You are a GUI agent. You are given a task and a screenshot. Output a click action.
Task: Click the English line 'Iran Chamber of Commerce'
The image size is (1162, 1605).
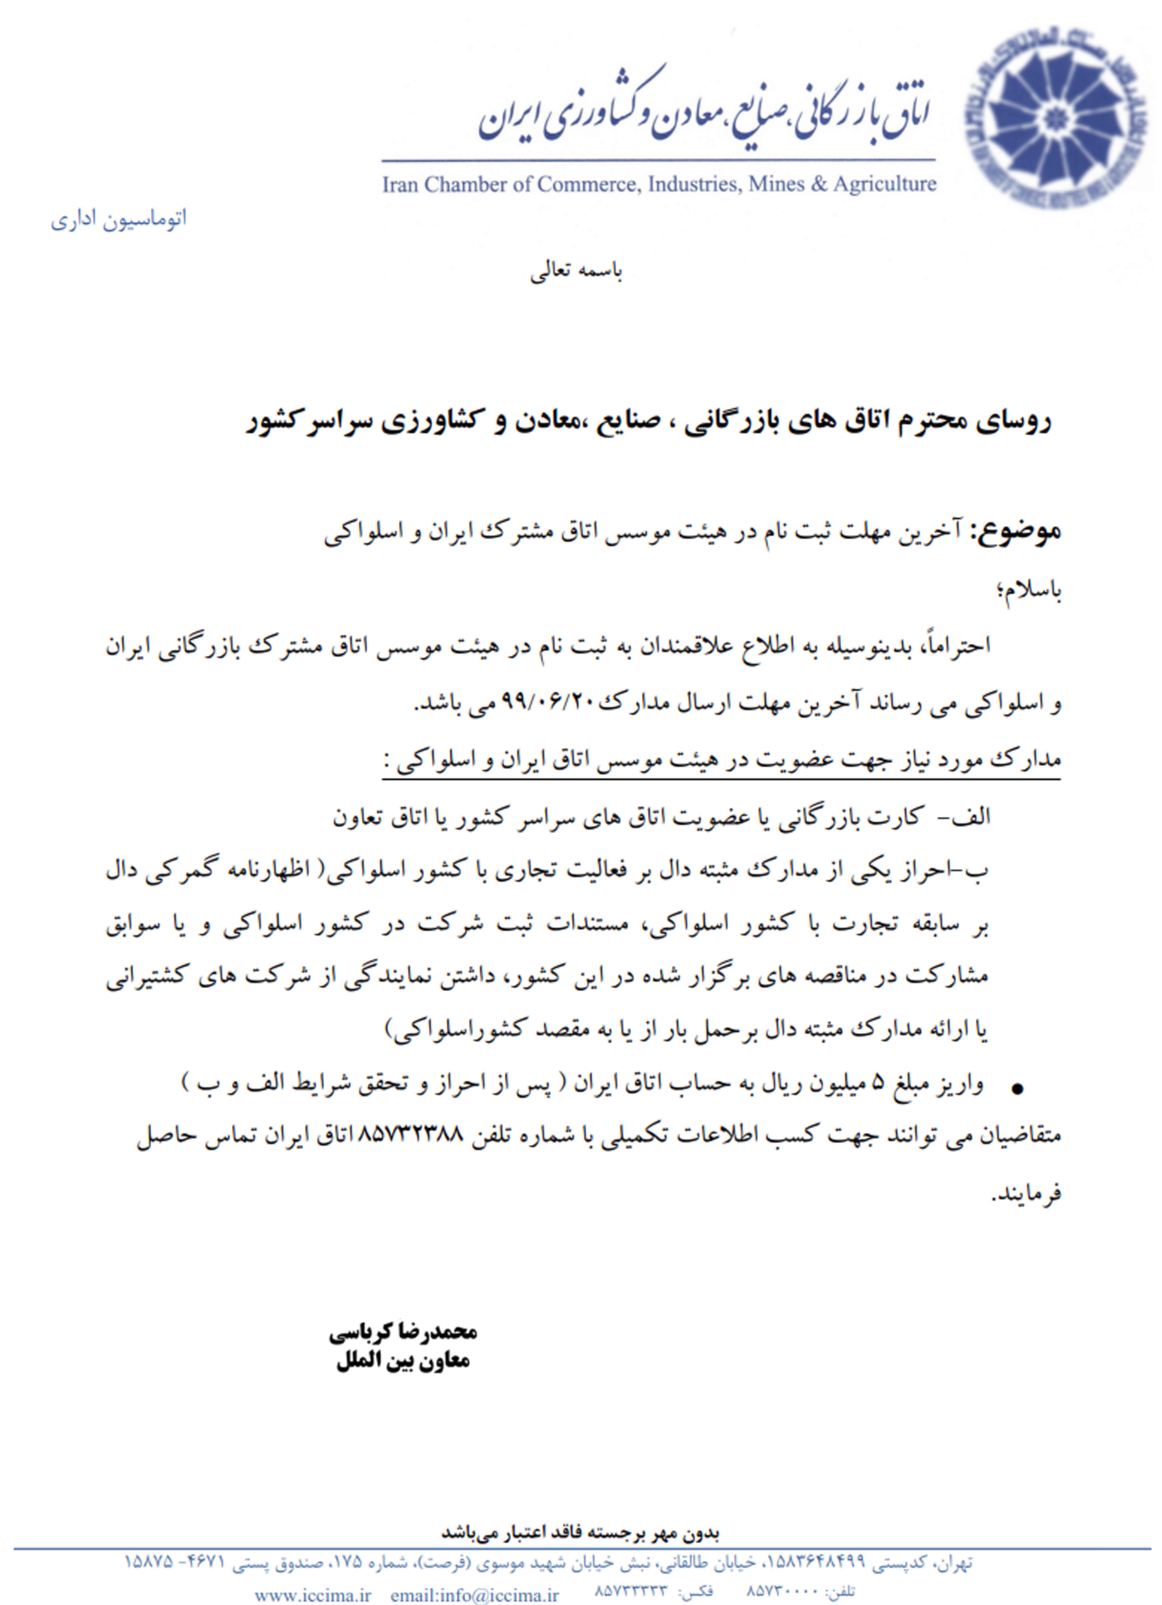(x=658, y=185)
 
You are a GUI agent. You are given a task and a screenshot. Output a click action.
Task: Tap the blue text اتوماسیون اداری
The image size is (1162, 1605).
(x=119, y=219)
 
